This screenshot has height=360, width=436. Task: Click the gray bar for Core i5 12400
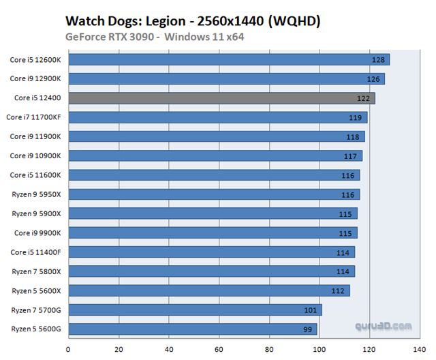(221, 98)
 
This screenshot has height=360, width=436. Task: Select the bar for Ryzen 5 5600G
(192, 329)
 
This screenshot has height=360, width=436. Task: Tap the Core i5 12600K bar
(228, 59)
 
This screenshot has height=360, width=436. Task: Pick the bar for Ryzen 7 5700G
(195, 310)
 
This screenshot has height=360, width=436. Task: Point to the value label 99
(308, 330)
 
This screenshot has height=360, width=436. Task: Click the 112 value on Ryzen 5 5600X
(339, 291)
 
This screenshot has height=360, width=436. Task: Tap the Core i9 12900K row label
(35, 78)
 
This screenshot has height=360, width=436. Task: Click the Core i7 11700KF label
(34, 117)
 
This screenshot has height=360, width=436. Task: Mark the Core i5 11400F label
(36, 252)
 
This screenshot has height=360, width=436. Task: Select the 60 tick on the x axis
(219, 350)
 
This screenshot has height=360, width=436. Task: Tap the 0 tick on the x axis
(67, 350)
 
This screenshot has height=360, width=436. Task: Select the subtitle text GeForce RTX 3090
(112, 36)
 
